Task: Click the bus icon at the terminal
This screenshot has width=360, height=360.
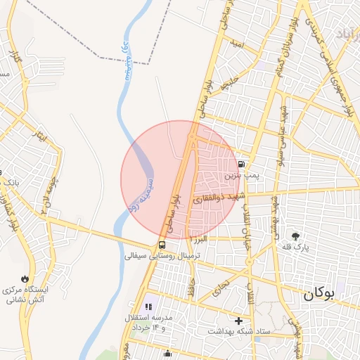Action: tap(162, 245)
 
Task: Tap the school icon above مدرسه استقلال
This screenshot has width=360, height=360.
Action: tap(148, 307)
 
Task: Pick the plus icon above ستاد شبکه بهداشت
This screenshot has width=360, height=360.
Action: tap(239, 320)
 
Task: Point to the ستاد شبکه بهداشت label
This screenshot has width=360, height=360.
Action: tap(240, 330)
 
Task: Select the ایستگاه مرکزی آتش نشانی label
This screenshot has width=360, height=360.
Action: tap(28, 295)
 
